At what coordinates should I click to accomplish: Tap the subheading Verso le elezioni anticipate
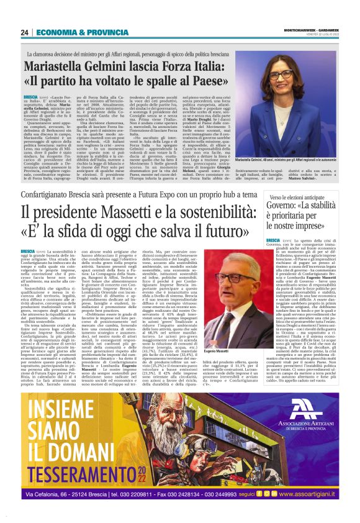(x=297, y=197)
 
